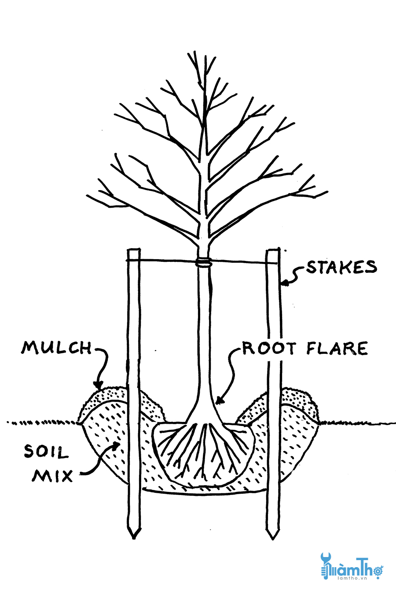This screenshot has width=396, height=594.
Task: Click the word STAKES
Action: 341,268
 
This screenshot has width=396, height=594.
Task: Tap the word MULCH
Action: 57,348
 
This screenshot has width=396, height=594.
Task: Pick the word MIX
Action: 51,475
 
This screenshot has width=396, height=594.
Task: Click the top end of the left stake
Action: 134,250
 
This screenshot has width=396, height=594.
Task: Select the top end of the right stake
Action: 273,250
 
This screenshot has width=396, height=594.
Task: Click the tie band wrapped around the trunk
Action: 203,264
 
